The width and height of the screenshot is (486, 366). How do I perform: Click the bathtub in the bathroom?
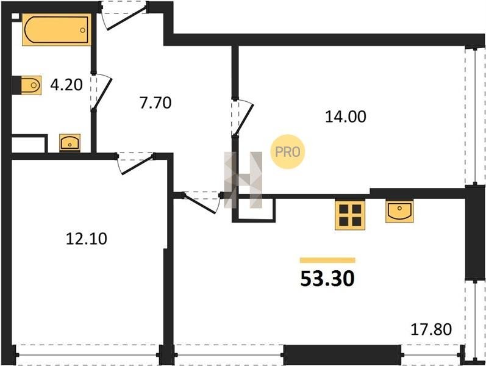[57, 29]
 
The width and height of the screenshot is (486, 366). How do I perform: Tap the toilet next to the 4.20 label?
[30, 85]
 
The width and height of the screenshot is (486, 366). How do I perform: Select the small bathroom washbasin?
[70, 143]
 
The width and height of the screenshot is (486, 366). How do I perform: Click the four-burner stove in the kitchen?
[350, 215]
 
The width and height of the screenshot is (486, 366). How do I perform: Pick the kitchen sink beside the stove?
[399, 212]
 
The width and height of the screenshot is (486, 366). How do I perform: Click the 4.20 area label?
[66, 85]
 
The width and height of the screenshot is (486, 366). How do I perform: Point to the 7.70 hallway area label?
[155, 102]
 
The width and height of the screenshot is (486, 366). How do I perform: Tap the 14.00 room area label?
[346, 117]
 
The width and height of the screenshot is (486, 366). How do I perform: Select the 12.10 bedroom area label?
[87, 239]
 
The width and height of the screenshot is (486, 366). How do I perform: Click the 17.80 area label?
[431, 329]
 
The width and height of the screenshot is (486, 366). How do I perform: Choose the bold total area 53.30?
[327, 279]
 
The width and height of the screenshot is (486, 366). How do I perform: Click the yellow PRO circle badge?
[288, 152]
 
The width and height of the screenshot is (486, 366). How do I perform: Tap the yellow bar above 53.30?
[327, 260]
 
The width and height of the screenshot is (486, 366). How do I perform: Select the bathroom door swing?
[101, 92]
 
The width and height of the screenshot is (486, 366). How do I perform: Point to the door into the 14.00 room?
[242, 117]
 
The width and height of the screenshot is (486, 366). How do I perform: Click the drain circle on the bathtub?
[83, 30]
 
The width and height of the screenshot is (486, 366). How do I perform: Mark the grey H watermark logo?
[243, 179]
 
